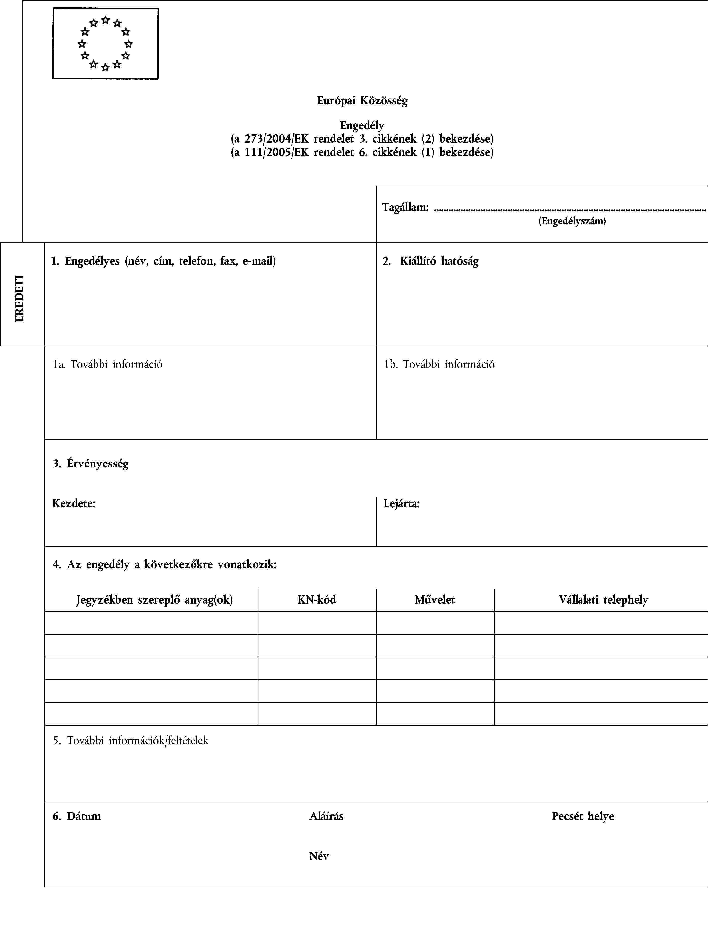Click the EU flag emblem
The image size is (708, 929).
pos(105,43)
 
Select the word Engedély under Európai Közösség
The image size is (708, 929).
pos(362,125)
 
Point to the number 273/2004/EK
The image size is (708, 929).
pos(276,139)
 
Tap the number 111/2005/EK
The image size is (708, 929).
pos(276,152)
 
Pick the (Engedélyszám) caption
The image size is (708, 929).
pos(572,221)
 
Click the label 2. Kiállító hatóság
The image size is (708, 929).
pos(431,261)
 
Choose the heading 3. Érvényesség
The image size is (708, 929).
pos(91,464)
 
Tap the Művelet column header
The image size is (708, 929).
pos(435,599)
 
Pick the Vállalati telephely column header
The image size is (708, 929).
pos(603,599)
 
